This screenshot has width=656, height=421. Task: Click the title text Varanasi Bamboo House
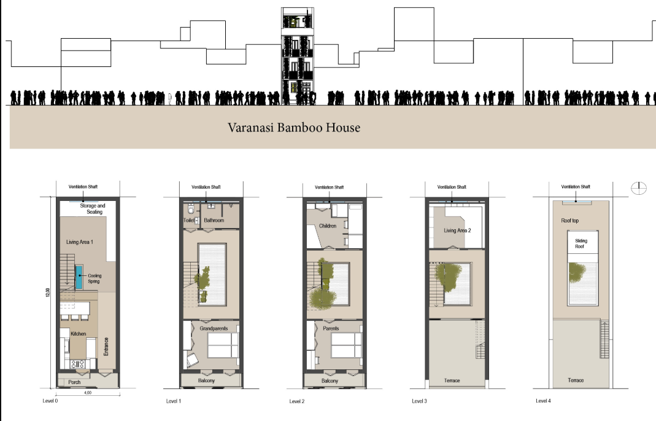coord(294,128)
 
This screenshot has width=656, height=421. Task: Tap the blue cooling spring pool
coord(80,278)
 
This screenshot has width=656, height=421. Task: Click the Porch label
coord(74,382)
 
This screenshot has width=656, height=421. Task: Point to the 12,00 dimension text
coord(47,293)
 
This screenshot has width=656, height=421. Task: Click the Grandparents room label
coord(213,329)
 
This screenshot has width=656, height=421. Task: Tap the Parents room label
coord(332,328)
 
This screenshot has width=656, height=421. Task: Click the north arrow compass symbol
coord(638,188)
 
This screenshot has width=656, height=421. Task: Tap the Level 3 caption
coord(420,401)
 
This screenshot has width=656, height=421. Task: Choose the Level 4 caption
coord(544,401)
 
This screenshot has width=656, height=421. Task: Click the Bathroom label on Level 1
coord(214,220)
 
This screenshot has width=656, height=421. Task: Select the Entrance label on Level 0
coord(107,347)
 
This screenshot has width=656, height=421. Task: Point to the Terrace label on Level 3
coord(452,381)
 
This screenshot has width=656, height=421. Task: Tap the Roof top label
coord(570,220)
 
